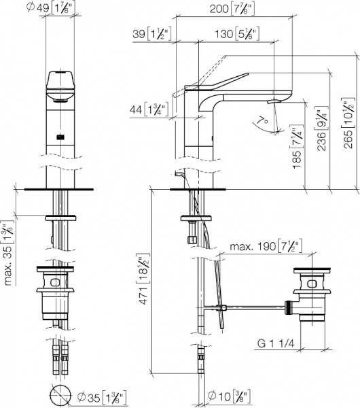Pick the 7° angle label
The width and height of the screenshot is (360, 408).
coord(262,121)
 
